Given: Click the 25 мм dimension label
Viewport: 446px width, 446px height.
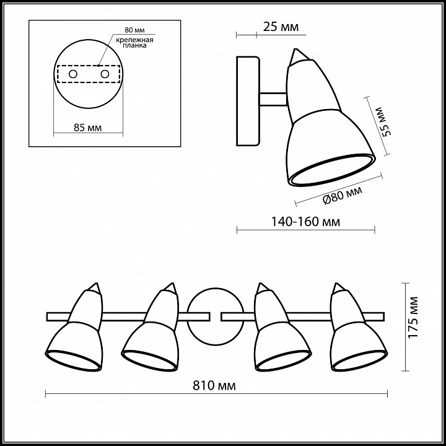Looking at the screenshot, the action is (281, 27).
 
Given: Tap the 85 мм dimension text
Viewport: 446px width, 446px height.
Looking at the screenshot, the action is (87, 128).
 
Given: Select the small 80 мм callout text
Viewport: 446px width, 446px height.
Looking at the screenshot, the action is (134, 30).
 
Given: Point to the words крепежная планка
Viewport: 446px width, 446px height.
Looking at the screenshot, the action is (134, 42).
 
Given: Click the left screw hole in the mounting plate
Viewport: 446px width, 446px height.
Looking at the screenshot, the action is (73, 74).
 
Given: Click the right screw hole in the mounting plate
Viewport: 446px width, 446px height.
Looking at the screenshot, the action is (105, 74).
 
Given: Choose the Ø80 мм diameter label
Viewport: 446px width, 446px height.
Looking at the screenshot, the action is (342, 195).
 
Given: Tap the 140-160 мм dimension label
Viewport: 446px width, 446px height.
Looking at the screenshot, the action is (306, 222).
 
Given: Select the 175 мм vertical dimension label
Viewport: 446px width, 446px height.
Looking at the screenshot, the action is (413, 317).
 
